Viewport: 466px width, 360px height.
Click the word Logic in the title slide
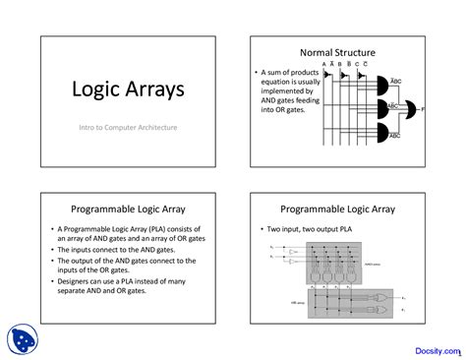pos(93,90)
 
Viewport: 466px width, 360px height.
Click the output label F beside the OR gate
pos(425,108)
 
